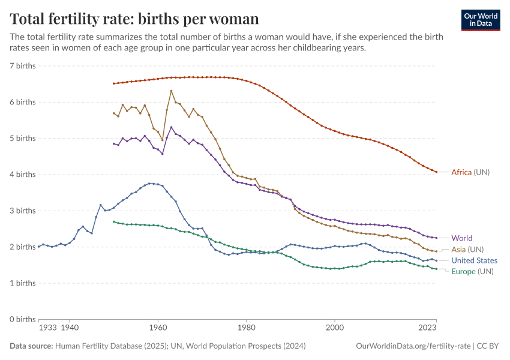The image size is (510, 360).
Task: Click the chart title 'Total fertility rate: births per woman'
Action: point(134,19)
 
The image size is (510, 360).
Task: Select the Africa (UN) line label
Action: point(470,172)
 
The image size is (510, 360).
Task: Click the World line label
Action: point(461,238)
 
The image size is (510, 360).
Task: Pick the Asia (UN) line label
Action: point(467,249)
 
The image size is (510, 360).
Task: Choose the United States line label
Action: point(474,260)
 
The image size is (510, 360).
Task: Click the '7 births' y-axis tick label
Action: point(23,65)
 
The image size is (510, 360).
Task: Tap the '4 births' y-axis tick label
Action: point(23,174)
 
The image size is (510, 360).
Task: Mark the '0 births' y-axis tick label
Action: point(23,319)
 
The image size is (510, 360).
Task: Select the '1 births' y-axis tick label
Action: point(23,283)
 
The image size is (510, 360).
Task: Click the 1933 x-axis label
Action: point(47,328)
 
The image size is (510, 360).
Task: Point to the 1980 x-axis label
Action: point(246,328)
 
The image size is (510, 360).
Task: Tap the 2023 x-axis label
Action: point(427,328)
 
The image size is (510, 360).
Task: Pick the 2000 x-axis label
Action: point(334,328)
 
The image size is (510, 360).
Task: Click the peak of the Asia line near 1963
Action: point(171,91)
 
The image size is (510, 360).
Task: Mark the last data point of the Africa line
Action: point(436,172)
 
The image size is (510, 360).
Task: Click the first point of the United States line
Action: point(39,247)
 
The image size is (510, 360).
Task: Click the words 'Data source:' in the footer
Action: point(31,346)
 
